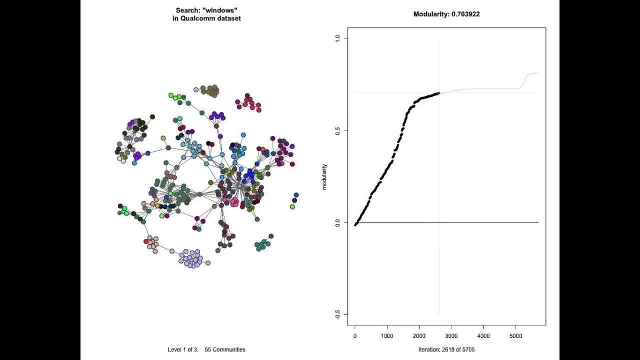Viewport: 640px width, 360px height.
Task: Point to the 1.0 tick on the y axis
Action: [x=337, y=38]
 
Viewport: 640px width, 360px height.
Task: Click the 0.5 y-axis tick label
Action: [x=337, y=130]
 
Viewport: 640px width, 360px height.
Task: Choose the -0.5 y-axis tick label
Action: [x=337, y=314]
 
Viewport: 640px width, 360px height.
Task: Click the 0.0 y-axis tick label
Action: [x=337, y=222]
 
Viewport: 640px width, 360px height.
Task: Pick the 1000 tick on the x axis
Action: [x=387, y=336]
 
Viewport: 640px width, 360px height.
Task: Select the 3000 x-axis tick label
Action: [x=451, y=336]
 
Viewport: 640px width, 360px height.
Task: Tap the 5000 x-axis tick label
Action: [x=515, y=336]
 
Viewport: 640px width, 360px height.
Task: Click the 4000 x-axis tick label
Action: [x=483, y=336]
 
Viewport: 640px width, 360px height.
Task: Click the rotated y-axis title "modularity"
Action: [x=324, y=176]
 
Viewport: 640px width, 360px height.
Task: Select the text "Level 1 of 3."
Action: [x=184, y=349]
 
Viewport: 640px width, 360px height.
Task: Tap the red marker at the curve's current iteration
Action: [x=438, y=93]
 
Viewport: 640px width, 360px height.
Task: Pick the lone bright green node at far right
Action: [x=292, y=206]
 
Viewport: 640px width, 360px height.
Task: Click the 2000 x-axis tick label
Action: [x=419, y=336]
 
